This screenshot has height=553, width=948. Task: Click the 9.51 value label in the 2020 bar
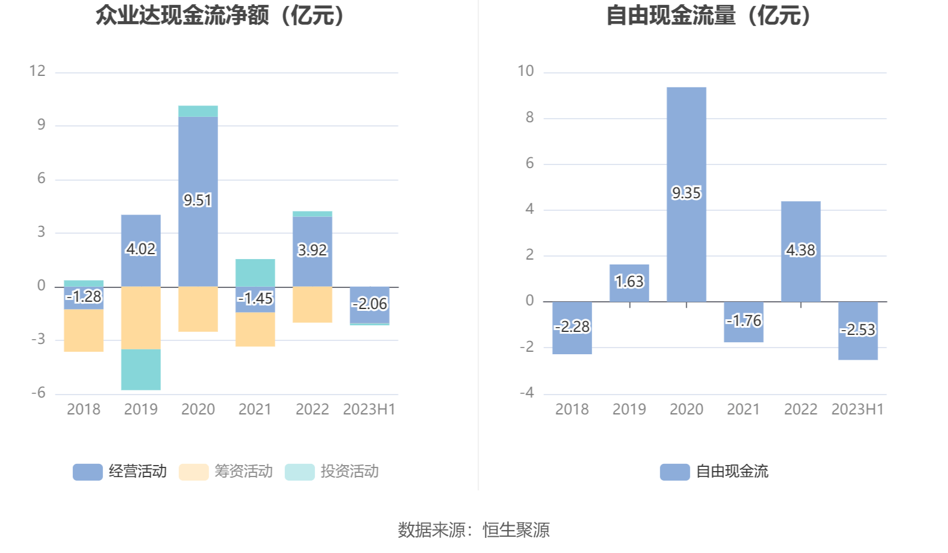click(198, 200)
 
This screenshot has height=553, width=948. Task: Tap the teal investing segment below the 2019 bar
click(140, 369)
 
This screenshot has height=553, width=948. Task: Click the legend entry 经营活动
click(120, 472)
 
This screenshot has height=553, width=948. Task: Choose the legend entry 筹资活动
click(226, 472)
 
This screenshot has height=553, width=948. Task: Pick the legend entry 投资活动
click(332, 472)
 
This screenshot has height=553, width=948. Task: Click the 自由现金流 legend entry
click(714, 472)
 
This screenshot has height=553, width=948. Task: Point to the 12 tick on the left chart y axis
click(37, 71)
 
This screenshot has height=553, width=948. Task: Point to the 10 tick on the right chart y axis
click(525, 71)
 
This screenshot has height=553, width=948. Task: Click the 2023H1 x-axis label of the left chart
click(369, 410)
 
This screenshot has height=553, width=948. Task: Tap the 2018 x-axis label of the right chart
click(572, 410)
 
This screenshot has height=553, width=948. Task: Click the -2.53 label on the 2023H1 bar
click(858, 330)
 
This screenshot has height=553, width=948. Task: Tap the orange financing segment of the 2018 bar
click(84, 330)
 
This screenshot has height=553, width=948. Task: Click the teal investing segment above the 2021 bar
click(255, 272)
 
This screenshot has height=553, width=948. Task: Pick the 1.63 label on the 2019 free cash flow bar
click(629, 281)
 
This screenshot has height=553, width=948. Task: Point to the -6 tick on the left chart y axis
click(39, 393)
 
